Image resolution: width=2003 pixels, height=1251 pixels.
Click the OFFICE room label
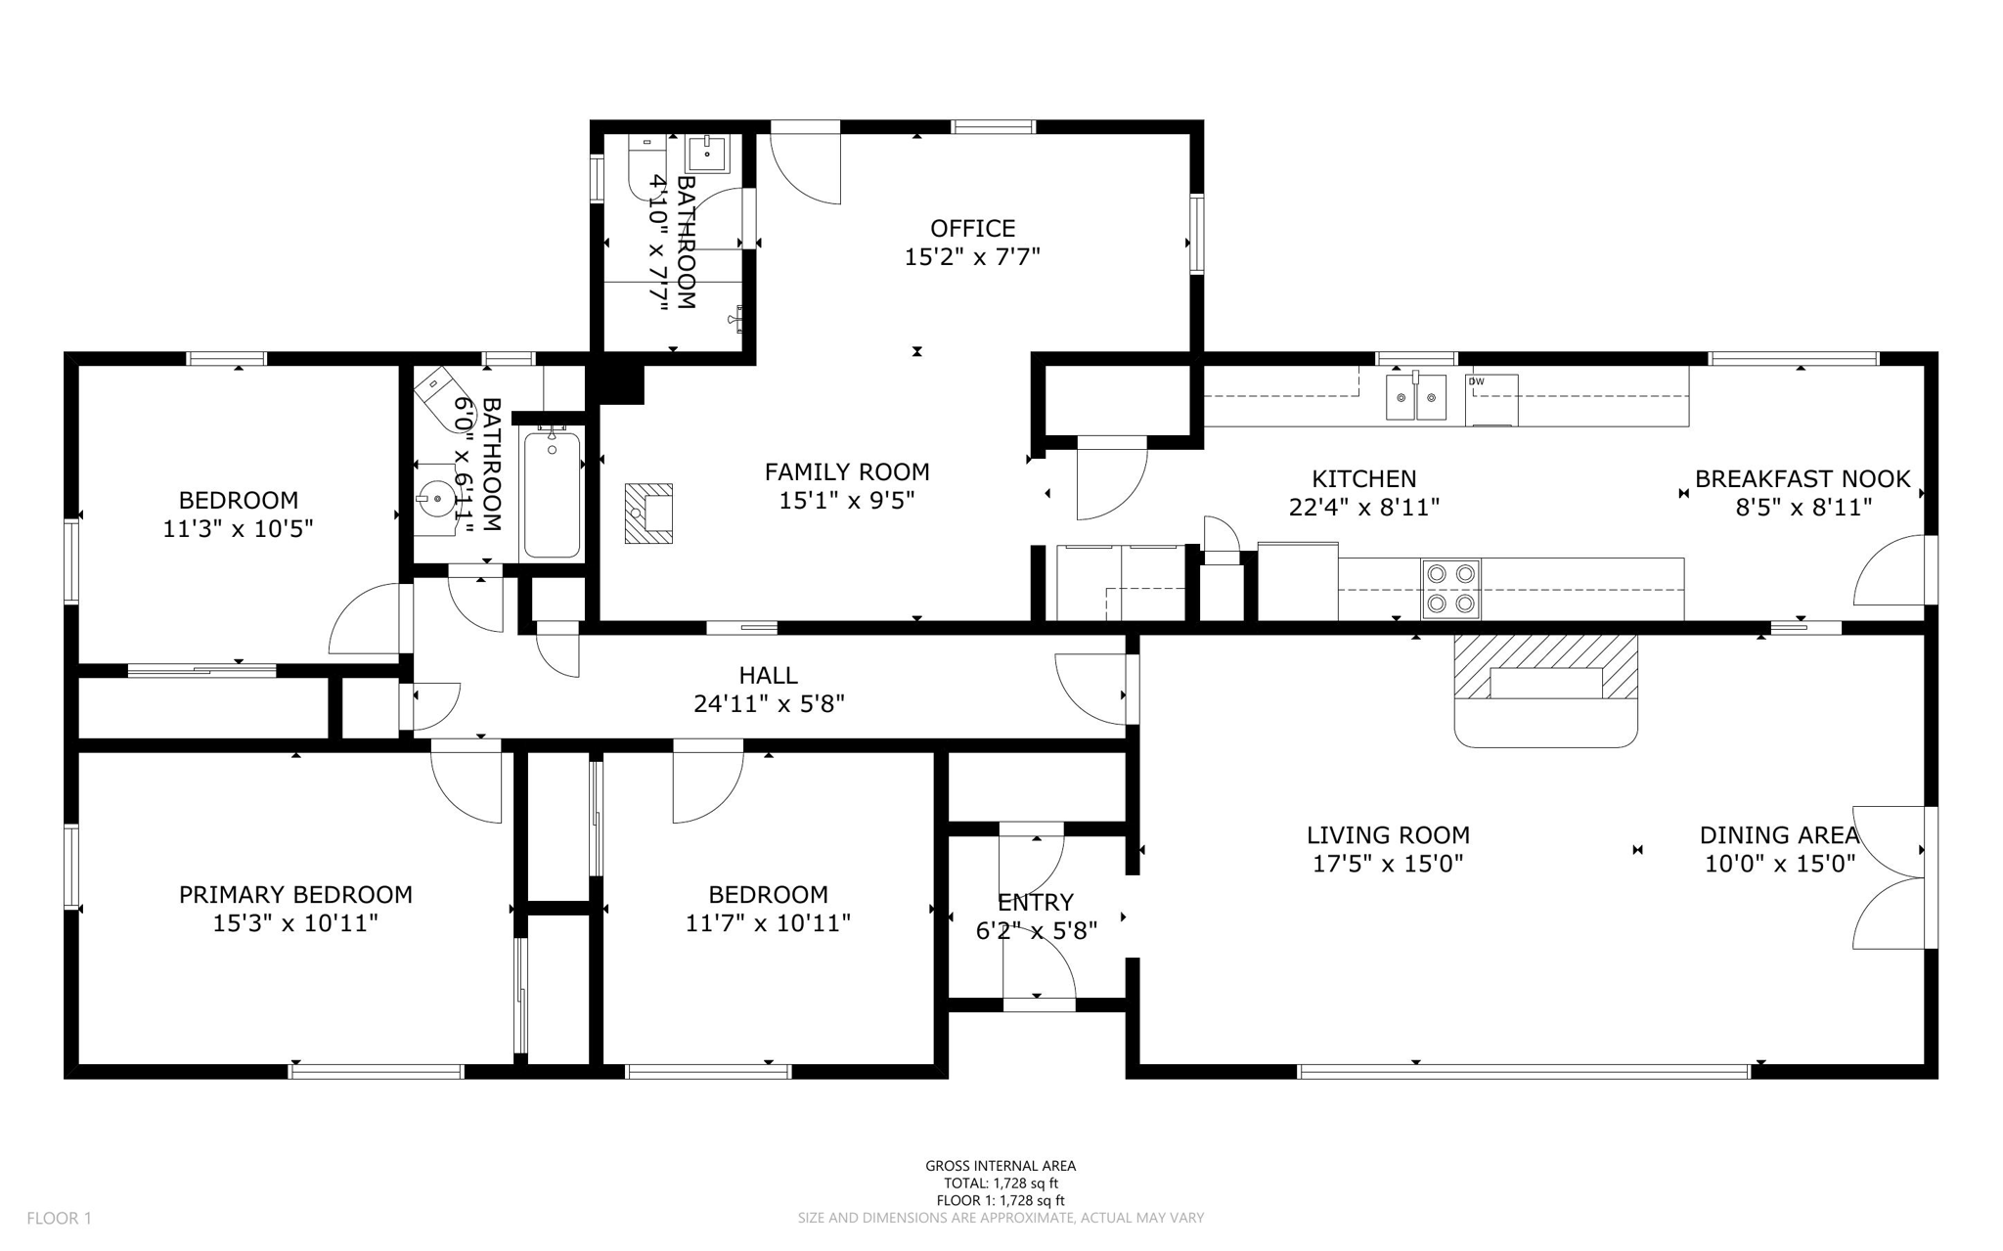[972, 229]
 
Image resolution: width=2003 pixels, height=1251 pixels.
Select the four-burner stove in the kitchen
[1450, 589]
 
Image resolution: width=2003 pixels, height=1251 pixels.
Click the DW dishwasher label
[1476, 381]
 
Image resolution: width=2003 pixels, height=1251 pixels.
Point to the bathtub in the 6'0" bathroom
[552, 494]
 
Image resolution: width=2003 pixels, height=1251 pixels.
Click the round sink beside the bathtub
[436, 499]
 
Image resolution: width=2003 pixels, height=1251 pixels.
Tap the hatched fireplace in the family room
[648, 514]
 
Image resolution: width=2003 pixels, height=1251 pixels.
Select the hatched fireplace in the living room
[1545, 667]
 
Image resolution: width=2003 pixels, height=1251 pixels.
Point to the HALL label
[768, 675]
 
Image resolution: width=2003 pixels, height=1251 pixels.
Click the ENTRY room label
[1036, 902]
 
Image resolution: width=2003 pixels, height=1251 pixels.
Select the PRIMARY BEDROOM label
[295, 894]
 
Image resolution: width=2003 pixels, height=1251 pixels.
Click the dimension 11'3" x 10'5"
[238, 529]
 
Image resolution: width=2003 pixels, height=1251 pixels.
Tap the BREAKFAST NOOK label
[1802, 479]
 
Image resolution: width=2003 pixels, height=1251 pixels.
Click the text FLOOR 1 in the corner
[59, 1218]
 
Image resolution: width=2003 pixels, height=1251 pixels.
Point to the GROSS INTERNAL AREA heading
[1001, 1165]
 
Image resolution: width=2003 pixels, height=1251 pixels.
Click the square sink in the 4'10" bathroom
[706, 154]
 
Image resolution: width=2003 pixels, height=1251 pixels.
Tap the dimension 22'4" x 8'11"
[1363, 507]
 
